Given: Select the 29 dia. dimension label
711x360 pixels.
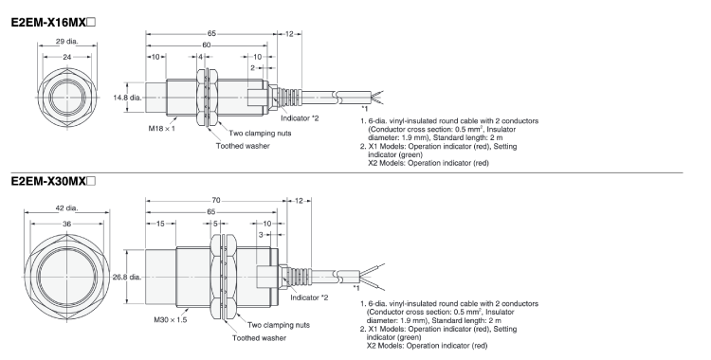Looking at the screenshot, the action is (67, 42).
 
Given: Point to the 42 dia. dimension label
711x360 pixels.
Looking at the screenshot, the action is (67, 208).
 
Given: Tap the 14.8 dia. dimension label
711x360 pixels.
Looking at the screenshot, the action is (127, 97).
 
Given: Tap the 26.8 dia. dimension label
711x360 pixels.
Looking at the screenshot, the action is (127, 277).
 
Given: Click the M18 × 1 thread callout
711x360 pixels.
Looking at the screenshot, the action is (162, 128).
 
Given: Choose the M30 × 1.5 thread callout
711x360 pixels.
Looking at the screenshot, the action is (171, 319).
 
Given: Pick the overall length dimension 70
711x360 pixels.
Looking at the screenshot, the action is (216, 200).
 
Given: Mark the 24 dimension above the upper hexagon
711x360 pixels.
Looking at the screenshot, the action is (67, 57).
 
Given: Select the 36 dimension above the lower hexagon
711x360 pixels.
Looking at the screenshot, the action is (67, 224).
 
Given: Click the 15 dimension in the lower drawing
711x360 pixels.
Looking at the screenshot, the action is (160, 224).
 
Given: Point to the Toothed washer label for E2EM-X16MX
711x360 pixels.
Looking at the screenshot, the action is (243, 146).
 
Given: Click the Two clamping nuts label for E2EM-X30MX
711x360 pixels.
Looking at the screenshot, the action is (279, 325).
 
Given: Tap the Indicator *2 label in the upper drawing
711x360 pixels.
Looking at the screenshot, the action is (300, 118).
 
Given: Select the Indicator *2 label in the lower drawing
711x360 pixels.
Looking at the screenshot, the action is (309, 297).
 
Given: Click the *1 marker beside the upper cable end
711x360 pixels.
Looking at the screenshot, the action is (365, 108).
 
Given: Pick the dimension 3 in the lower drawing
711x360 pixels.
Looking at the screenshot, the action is (261, 235).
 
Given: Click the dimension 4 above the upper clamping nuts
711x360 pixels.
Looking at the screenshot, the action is (200, 57).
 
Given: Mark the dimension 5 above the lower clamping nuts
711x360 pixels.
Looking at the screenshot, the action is (215, 224).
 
